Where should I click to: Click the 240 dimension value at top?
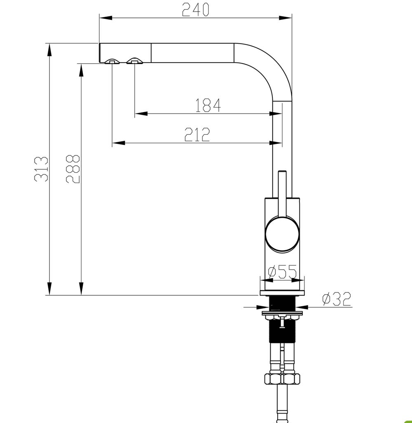tap(195, 9)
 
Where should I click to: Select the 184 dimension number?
tap(208, 105)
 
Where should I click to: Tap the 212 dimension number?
tap(197, 134)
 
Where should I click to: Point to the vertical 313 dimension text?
tap(41, 169)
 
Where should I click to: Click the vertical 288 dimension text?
tap(73, 169)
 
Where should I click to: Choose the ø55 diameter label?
tap(283, 272)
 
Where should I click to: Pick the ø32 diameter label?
tap(337, 298)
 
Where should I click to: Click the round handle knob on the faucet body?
tap(282, 234)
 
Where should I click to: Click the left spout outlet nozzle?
tap(112, 61)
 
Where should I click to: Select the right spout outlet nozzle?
tap(135, 61)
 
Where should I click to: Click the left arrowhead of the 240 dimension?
tap(106, 18)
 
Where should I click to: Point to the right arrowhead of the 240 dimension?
tap(285, 18)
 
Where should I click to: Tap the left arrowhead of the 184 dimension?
tap(141, 113)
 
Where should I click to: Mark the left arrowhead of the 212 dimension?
tap(118, 143)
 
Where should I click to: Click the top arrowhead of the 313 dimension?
tap(49, 49)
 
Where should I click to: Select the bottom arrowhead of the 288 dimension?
tap(81, 289)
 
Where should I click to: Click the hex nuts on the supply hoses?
tap(282, 379)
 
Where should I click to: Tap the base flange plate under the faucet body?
tap(282, 293)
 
